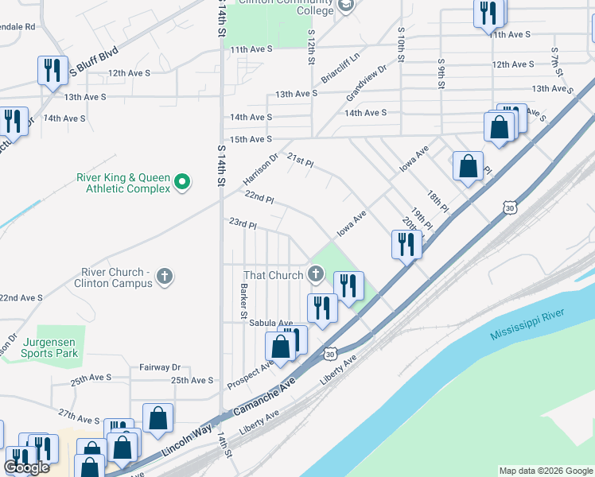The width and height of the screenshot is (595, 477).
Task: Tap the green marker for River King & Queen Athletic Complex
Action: pos(182,183)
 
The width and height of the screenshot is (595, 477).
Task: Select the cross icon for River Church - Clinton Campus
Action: pos(165,277)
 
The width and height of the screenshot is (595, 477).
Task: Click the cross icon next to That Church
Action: pos(316,275)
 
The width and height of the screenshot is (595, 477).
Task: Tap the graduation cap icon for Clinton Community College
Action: pos(346,6)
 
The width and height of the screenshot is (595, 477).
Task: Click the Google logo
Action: pos(27,467)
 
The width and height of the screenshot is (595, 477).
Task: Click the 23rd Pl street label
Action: pos(243,225)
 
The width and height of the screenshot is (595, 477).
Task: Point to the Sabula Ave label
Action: pos(271,323)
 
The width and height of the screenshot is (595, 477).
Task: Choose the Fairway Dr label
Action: pos(160,367)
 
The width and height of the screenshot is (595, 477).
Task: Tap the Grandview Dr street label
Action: pos(366,83)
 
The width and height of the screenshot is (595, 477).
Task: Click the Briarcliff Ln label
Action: pos(340,68)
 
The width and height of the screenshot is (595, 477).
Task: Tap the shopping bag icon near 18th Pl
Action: pos(468,166)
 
